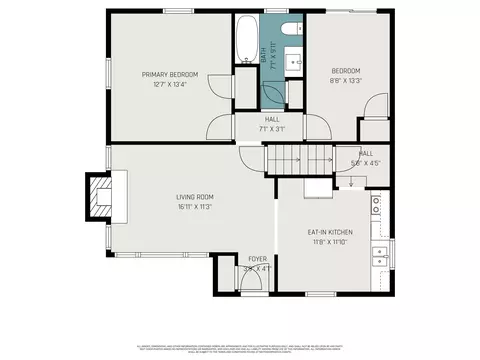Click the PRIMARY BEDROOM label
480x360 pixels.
click(170, 74)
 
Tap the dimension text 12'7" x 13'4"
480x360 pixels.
click(170, 84)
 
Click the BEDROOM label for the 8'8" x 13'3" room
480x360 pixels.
click(346, 70)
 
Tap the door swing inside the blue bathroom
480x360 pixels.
click(272, 93)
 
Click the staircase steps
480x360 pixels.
click(300, 158)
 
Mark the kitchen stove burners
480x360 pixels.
click(377, 206)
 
